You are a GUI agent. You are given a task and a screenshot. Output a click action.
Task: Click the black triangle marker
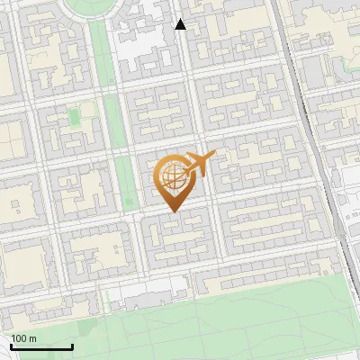click(180, 24)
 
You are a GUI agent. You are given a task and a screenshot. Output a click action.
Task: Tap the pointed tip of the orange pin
click(174, 211)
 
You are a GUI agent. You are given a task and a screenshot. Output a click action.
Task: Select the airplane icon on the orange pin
click(198, 165)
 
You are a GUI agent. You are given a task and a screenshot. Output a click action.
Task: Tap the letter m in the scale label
click(32, 338)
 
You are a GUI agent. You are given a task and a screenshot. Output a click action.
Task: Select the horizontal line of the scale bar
click(40, 346)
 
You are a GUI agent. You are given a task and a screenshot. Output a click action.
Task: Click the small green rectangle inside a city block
click(74, 118)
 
